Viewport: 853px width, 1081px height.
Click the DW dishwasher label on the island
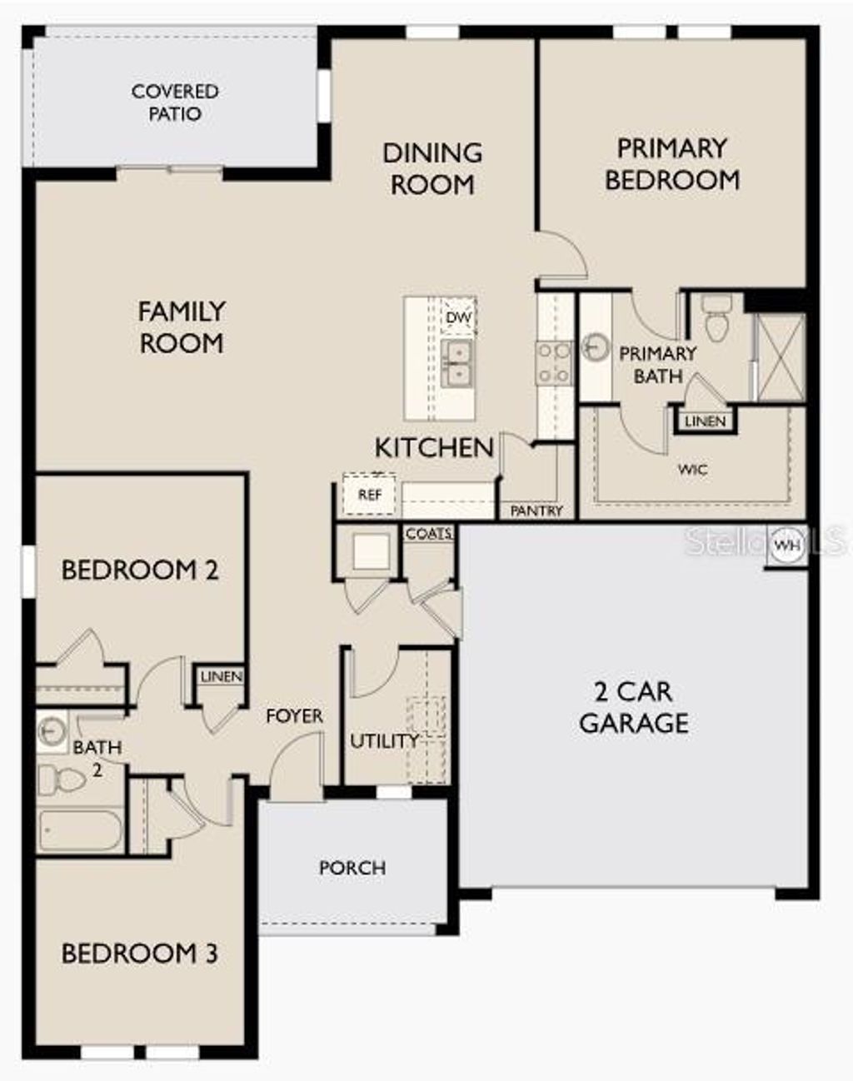(458, 318)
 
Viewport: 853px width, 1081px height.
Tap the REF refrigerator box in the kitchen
(369, 495)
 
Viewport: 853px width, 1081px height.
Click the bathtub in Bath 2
(80, 829)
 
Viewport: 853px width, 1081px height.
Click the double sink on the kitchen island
(456, 364)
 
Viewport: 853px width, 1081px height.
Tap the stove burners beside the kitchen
(554, 364)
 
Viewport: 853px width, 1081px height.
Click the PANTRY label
(536, 511)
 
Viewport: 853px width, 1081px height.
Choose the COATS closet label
(429, 534)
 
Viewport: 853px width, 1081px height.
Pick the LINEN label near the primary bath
(706, 421)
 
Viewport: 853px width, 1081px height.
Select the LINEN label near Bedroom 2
(222, 677)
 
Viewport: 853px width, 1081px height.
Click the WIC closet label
(692, 470)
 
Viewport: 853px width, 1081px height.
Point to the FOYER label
(294, 716)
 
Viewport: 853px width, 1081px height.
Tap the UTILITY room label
(384, 740)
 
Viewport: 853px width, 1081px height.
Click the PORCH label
(352, 868)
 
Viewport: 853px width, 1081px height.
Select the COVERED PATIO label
(175, 102)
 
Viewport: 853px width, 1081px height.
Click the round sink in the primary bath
(596, 344)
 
